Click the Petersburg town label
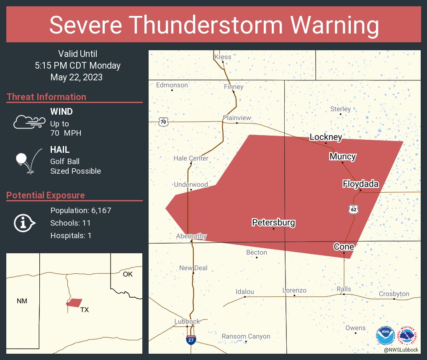[x=273, y=223]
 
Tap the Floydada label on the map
[x=360, y=184]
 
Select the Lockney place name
[x=326, y=137]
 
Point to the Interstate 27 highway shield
[x=191, y=339]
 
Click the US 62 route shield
[x=354, y=209]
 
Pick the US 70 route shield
[x=163, y=122]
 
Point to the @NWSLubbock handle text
[x=401, y=350]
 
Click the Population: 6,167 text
[x=80, y=210]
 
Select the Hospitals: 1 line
[x=71, y=235]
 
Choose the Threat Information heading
[x=46, y=97]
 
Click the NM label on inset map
[x=22, y=301]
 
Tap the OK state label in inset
[x=128, y=274]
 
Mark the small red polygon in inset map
[x=75, y=302]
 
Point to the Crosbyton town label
[x=394, y=294]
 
